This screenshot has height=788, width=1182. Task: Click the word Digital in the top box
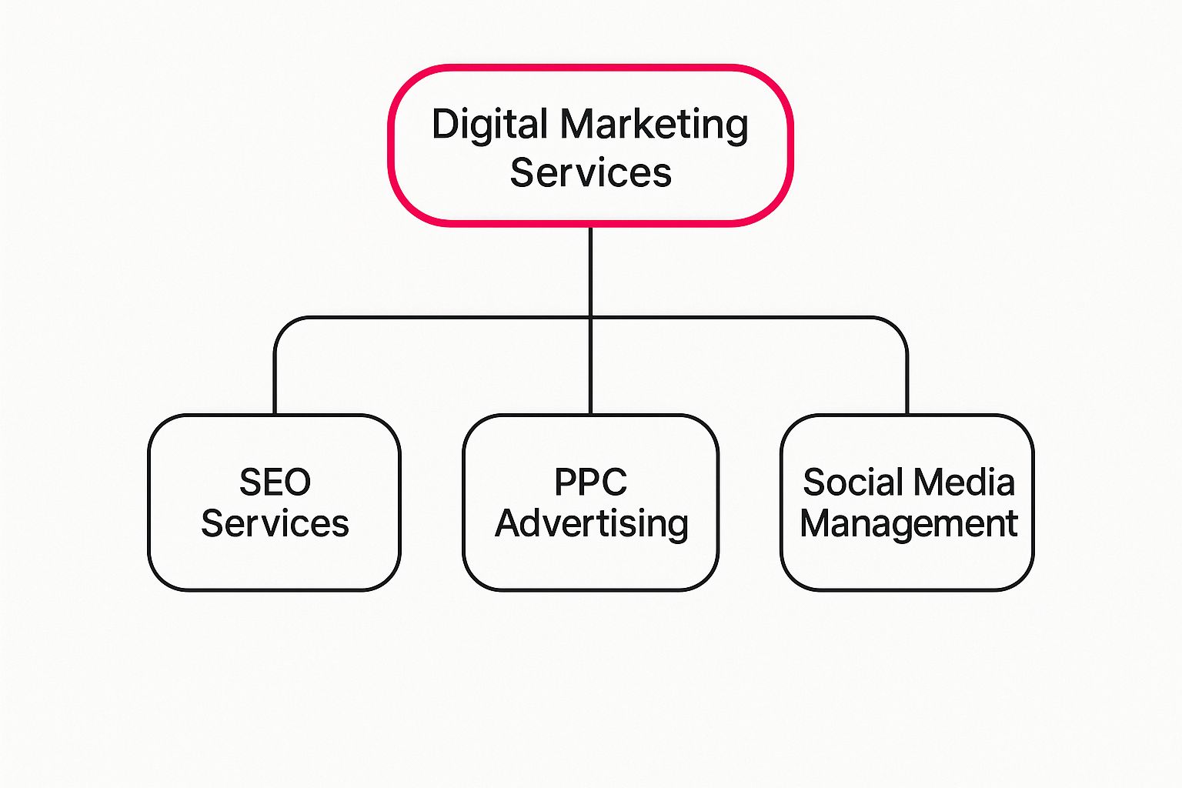489,125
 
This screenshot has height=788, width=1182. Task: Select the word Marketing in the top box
653,125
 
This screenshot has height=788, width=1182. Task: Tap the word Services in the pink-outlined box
590,172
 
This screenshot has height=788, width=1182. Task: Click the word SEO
275,483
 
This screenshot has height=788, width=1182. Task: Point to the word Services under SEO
275,524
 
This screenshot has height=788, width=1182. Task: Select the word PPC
590,483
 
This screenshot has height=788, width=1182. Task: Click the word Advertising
591,524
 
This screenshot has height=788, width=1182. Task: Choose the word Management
908,524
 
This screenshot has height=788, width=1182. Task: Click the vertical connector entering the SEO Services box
275,385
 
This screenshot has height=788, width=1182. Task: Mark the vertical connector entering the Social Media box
907,385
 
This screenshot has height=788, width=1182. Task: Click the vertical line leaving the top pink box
590,269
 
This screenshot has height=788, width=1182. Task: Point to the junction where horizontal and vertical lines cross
590,317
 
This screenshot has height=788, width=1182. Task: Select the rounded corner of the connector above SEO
282,325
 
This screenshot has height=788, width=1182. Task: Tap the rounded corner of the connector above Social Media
899,325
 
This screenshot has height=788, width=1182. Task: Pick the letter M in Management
816,524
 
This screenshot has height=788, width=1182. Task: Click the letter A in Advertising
509,524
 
